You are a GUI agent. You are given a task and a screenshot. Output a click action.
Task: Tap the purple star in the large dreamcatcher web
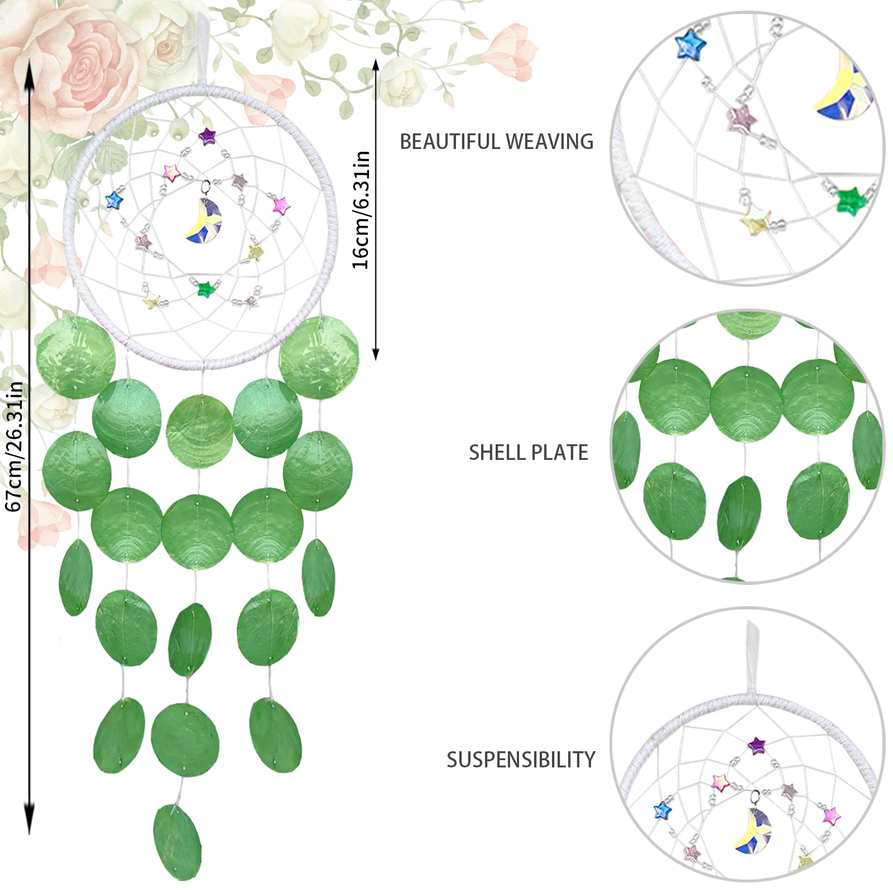tap(207, 136)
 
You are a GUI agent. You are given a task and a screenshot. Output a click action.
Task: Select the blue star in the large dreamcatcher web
tap(114, 200)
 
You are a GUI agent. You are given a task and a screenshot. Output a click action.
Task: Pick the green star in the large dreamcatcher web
tap(206, 289)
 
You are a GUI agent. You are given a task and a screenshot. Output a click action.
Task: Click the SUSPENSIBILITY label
tap(521, 760)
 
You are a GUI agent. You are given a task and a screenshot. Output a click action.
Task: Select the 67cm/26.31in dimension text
tap(13, 446)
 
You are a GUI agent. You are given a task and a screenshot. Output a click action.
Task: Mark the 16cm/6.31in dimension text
tap(361, 210)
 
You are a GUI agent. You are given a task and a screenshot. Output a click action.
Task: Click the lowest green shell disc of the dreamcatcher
tap(177, 842)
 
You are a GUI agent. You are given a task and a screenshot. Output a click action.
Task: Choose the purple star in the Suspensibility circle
tap(756, 745)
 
